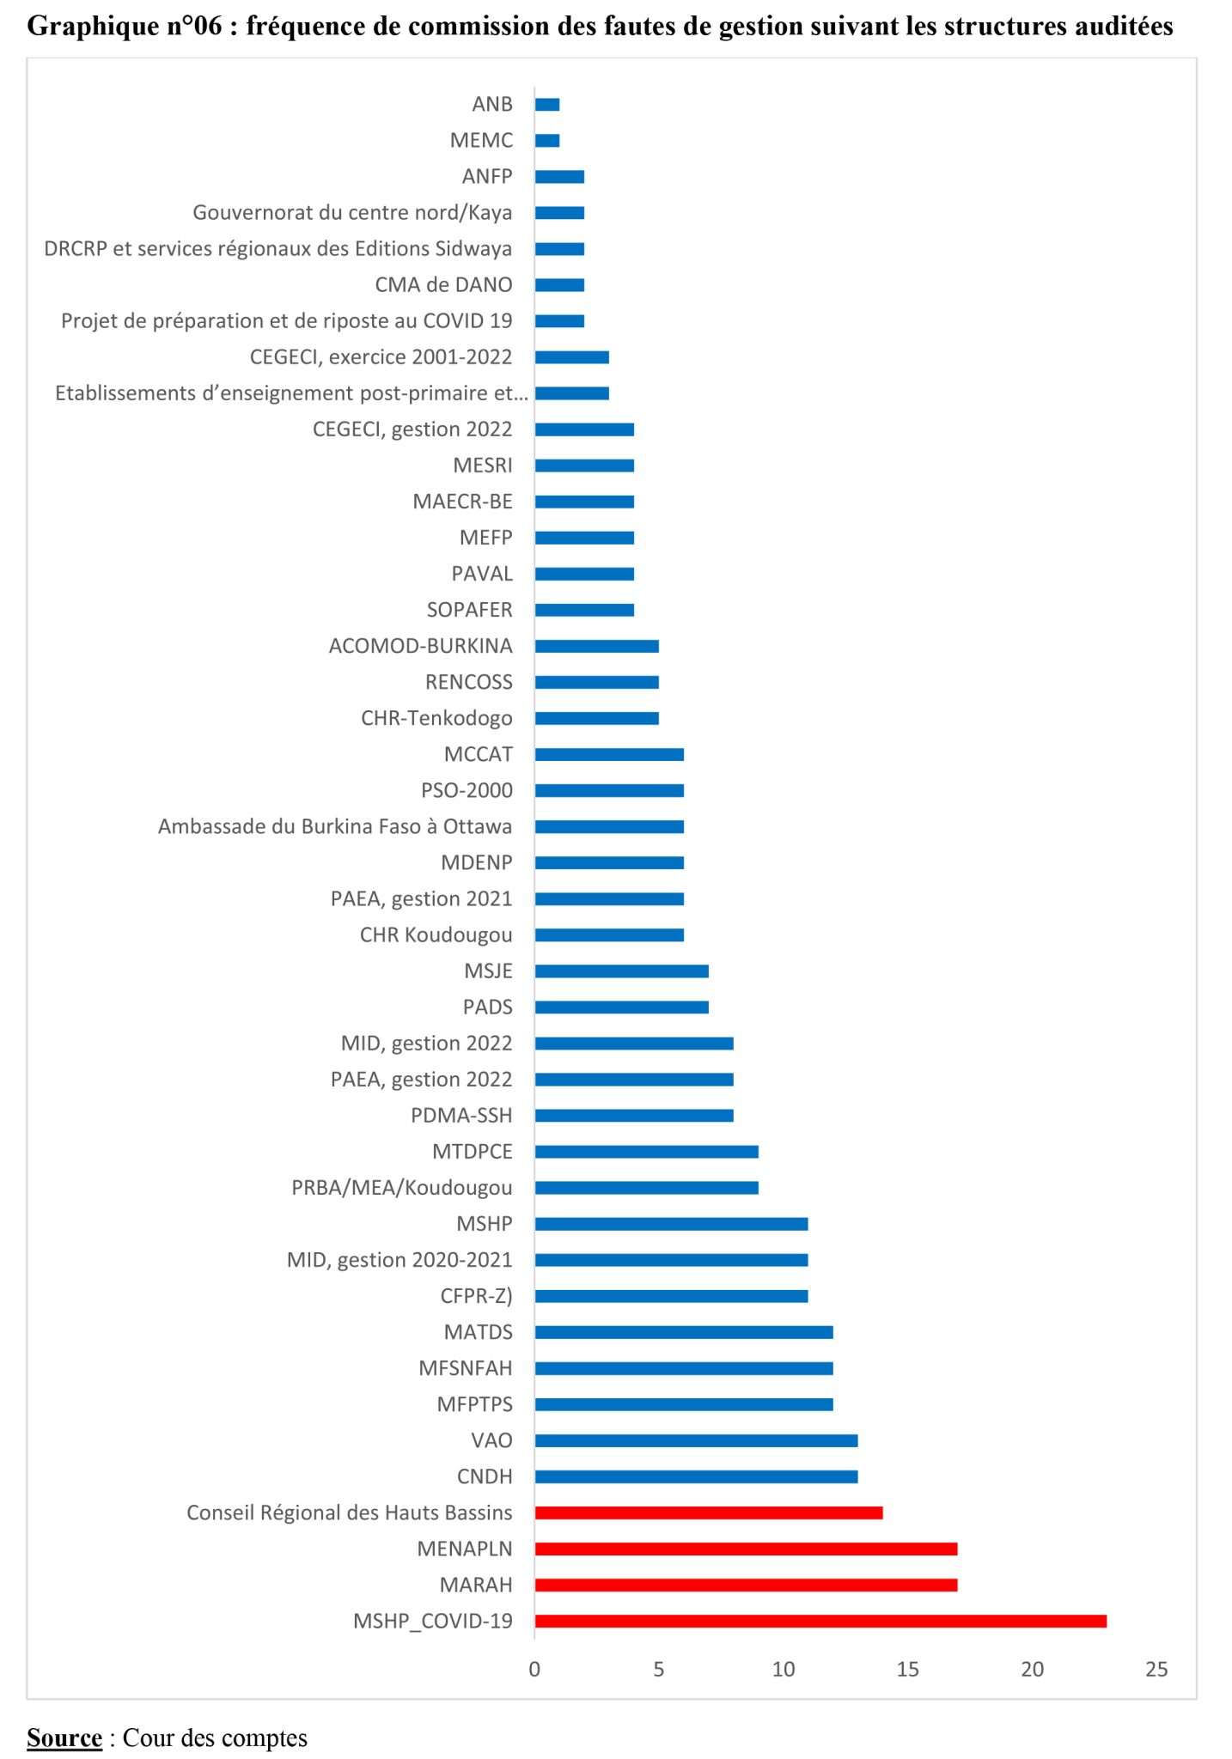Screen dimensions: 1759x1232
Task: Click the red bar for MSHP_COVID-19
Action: tap(820, 1621)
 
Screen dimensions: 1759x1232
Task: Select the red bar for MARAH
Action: tap(746, 1585)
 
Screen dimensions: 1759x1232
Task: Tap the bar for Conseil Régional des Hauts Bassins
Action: tap(709, 1512)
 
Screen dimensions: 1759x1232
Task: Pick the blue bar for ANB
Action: tap(547, 105)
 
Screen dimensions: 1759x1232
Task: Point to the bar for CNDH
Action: tap(696, 1476)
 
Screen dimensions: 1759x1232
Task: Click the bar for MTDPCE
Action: tap(646, 1152)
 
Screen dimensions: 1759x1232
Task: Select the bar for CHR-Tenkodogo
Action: tap(596, 718)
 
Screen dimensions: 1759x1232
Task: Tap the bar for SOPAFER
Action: tap(584, 610)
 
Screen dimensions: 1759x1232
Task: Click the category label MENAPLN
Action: tap(464, 1549)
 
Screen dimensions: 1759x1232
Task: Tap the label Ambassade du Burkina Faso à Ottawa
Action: tap(335, 826)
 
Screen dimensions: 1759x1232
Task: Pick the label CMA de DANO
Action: tap(443, 284)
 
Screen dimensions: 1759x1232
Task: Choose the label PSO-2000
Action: tap(467, 790)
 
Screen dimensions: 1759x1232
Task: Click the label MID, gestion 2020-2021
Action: tap(399, 1260)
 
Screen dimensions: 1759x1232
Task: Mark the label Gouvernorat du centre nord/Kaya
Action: tap(352, 212)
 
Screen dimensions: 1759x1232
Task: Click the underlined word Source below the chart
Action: tap(64, 1738)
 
